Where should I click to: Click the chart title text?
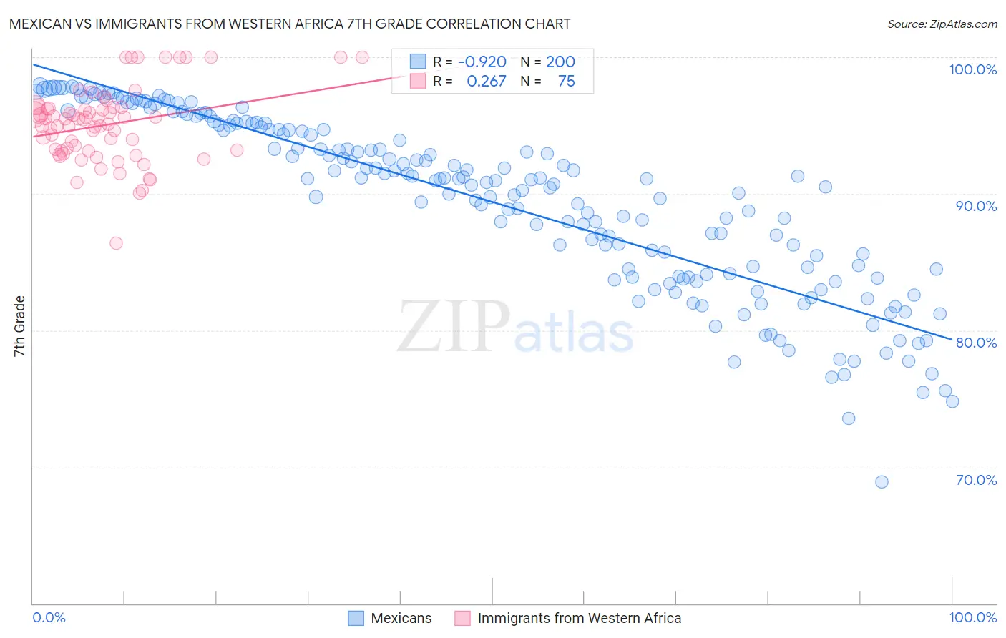coord(290,24)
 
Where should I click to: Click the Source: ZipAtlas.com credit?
coord(942,24)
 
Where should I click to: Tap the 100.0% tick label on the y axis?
coord(972,69)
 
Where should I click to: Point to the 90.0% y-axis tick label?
coord(976,206)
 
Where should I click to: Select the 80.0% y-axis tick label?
coord(976,343)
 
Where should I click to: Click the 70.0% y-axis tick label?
coord(976,480)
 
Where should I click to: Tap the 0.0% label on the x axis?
coord(49,617)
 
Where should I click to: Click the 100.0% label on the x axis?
coord(972,617)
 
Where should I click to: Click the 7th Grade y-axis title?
coord(19,326)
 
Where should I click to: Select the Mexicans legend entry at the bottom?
coord(401,618)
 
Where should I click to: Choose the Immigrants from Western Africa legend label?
coord(579,618)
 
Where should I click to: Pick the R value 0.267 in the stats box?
coord(486,82)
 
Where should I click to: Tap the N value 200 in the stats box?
coord(560,62)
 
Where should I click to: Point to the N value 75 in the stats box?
coord(566,82)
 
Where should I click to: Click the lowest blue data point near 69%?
coord(882,482)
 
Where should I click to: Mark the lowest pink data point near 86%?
coord(116,243)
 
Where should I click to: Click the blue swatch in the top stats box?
coord(418,62)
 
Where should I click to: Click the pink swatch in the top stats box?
coord(418,82)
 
